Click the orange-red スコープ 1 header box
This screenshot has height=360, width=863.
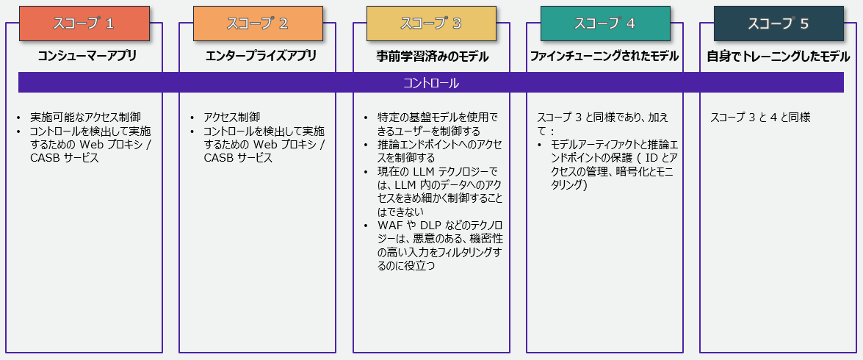pos(84,24)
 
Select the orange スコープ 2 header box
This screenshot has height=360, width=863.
pos(257,24)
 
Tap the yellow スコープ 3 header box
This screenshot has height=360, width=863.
pos(431,24)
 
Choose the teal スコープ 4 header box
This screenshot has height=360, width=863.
pos(605,24)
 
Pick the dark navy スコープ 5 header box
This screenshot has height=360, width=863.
pos(779,24)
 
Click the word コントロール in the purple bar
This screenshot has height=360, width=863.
pos(431,83)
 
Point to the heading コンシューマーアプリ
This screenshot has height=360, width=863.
pos(87,56)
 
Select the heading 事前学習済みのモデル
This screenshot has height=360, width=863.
pos(432,56)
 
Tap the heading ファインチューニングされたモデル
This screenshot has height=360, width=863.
pos(604,56)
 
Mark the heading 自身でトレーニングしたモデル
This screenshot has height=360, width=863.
pos(779,56)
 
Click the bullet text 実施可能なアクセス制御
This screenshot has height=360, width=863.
pos(85,118)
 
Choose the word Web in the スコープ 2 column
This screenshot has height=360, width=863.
pos(266,145)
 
